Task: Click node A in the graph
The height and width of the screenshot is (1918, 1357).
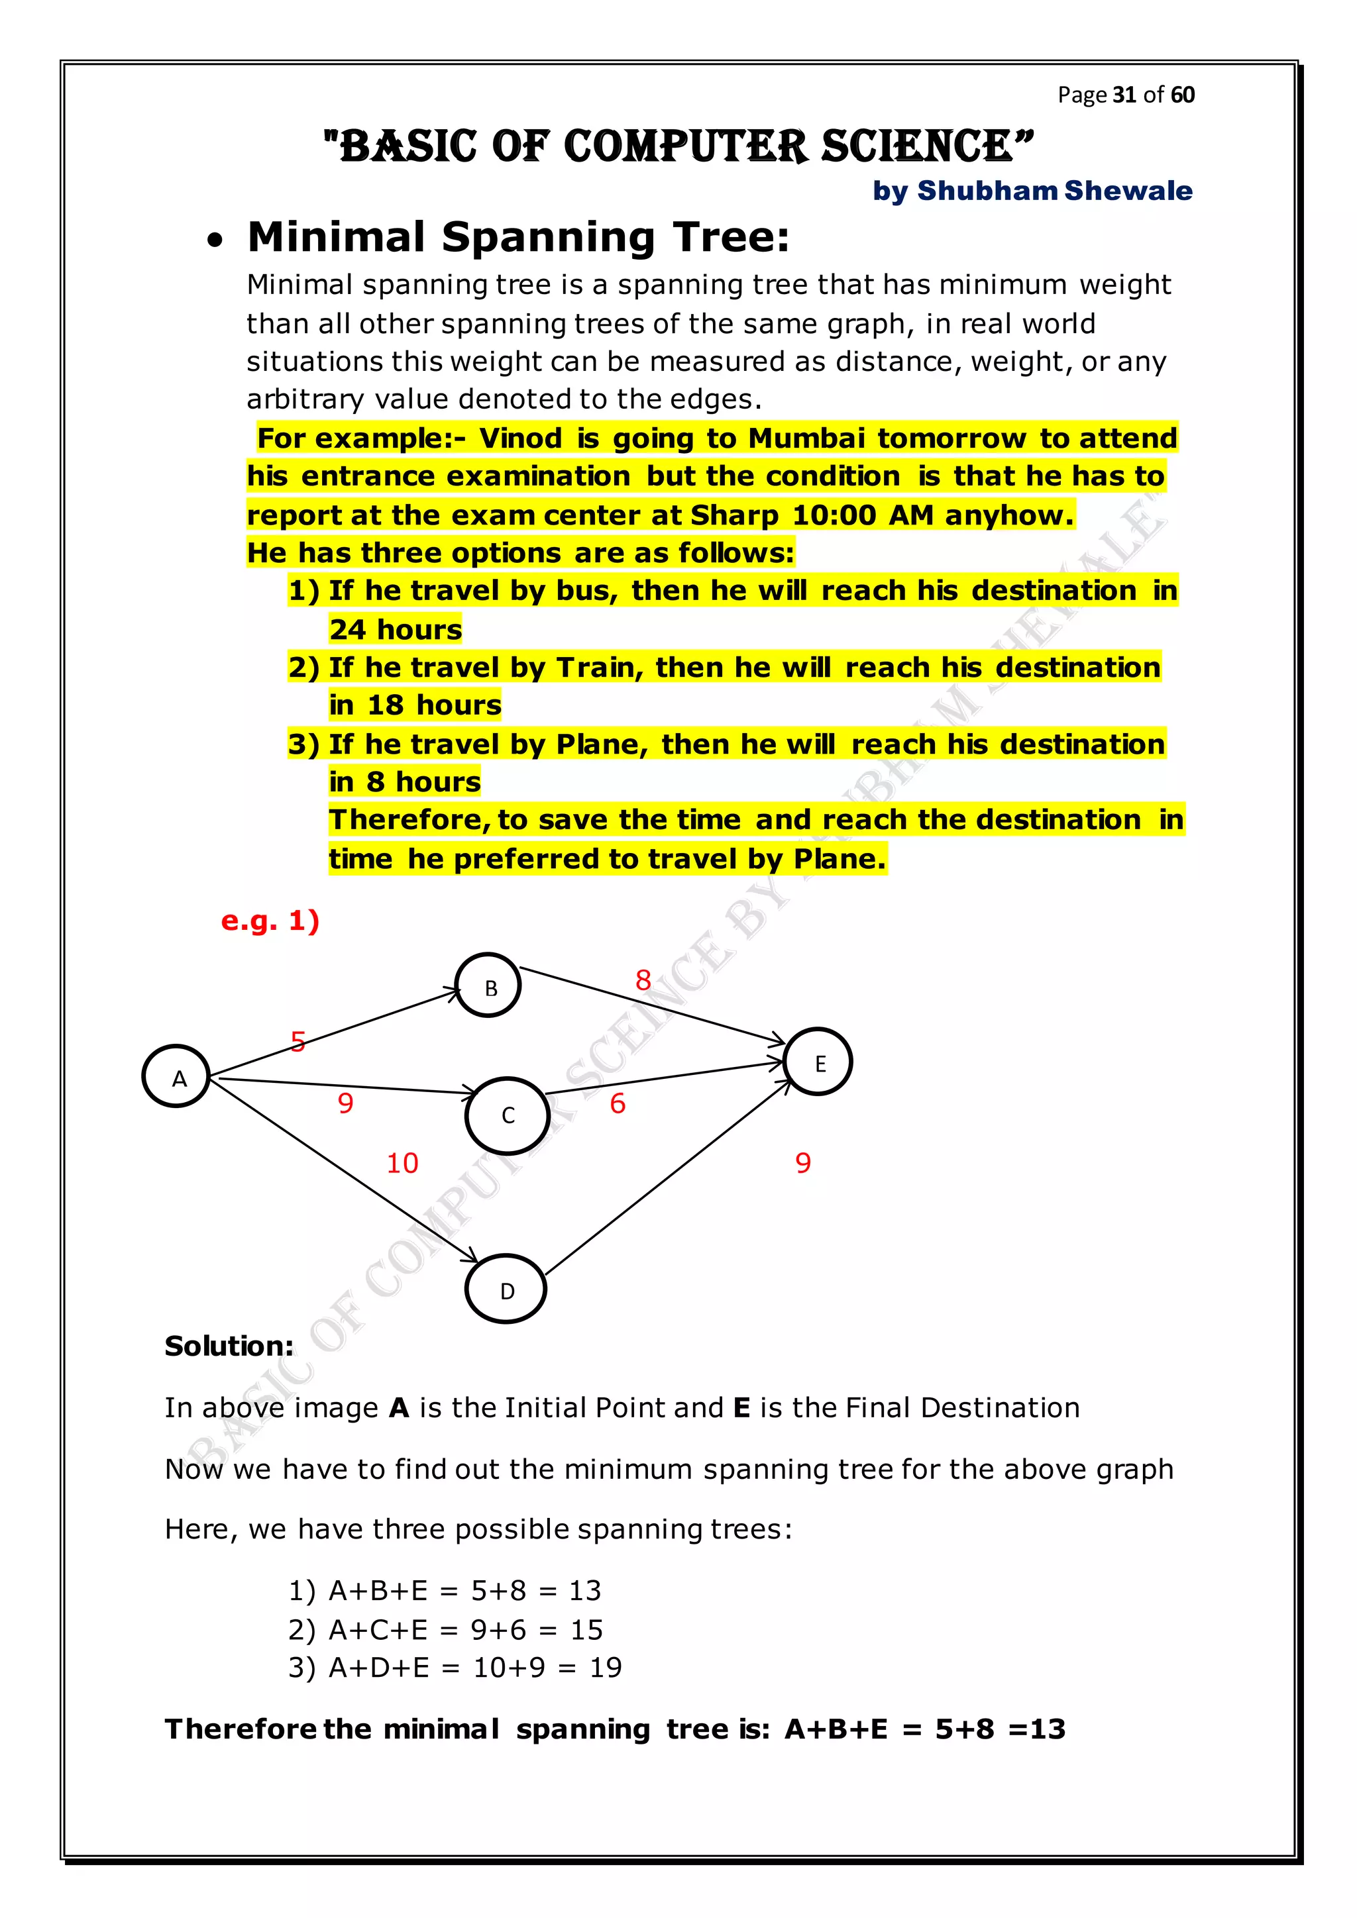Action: pyautogui.click(x=176, y=1076)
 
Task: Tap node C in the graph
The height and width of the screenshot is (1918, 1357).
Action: pyautogui.click(x=506, y=1115)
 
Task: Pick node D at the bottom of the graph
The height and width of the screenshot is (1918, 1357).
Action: pyautogui.click(x=506, y=1289)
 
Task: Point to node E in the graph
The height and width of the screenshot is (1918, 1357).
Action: pyautogui.click(x=818, y=1062)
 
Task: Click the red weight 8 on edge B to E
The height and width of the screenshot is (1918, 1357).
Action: pyautogui.click(x=643, y=980)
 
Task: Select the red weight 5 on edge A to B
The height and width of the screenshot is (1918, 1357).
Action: pyautogui.click(x=298, y=1042)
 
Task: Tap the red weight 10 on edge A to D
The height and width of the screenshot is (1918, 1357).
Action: pyautogui.click(x=402, y=1163)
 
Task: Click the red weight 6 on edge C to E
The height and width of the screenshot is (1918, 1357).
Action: pyautogui.click(x=618, y=1103)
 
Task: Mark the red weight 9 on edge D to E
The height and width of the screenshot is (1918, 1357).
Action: pyautogui.click(x=803, y=1163)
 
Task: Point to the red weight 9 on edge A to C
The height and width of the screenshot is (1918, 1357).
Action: pyautogui.click(x=345, y=1103)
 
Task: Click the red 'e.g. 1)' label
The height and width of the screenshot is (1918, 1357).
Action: pyautogui.click(x=270, y=921)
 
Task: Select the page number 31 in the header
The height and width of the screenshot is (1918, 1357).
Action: pyautogui.click(x=1124, y=95)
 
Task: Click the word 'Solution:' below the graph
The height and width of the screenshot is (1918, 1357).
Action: pyautogui.click(x=229, y=1346)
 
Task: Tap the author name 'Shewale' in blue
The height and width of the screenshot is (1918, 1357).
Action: pyautogui.click(x=1128, y=191)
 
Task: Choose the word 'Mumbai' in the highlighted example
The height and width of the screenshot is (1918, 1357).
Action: pyautogui.click(x=806, y=438)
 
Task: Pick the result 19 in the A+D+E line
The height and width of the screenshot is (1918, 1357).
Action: pyautogui.click(x=606, y=1668)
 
